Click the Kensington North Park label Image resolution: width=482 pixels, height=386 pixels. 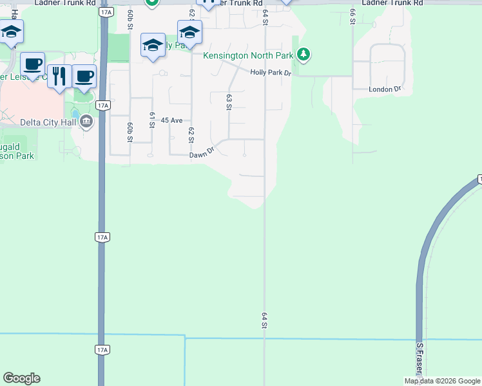point(248,55)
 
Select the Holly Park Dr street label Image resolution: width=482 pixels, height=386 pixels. point(271,74)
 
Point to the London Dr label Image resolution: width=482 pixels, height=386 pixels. point(385,89)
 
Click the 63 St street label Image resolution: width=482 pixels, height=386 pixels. point(229,102)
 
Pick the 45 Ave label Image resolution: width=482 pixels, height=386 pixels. point(173,120)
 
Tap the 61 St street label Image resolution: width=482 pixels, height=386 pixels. point(152,120)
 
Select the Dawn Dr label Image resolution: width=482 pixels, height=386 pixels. point(201,155)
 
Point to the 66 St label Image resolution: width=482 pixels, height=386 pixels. point(352,16)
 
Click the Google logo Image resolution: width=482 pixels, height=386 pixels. point(21,378)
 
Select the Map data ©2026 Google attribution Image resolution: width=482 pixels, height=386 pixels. point(442,381)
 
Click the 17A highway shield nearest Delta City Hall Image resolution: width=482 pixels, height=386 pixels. point(102,104)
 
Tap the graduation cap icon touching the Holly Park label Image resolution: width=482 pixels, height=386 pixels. point(153,46)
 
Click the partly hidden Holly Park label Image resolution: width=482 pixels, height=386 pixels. point(175,46)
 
